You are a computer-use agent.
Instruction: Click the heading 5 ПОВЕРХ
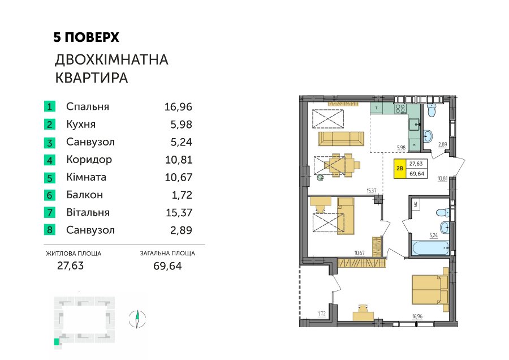87,37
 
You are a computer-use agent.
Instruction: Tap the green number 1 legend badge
50,106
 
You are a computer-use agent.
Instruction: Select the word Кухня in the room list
81,125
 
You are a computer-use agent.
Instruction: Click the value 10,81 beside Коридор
179,160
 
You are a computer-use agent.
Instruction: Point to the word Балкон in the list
84,195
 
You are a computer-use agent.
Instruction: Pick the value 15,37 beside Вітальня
179,213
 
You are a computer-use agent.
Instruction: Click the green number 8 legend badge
50,230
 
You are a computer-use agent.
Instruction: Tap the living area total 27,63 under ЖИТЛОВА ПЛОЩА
71,266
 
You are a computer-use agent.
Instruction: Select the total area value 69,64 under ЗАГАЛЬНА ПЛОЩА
167,266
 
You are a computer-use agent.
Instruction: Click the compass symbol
137,319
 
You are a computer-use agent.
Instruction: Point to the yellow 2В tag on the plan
400,169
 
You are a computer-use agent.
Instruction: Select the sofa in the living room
341,139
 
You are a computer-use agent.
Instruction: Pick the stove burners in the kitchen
400,109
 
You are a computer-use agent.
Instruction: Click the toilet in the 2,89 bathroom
432,111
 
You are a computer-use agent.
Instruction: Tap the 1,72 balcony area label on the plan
321,314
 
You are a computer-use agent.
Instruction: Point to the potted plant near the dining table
321,177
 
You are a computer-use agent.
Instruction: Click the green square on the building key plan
57,342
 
